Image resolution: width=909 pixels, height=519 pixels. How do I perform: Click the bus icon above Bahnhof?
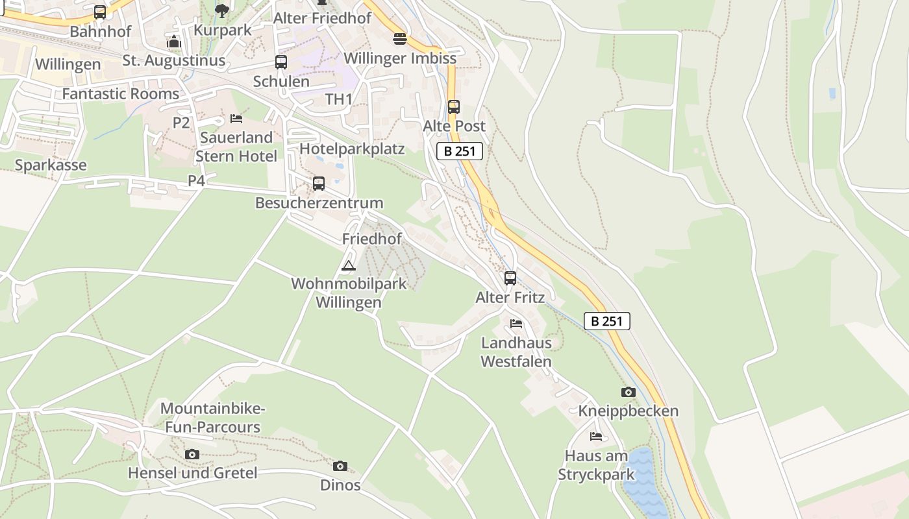point(100,12)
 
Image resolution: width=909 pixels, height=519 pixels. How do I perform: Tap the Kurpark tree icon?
point(222,10)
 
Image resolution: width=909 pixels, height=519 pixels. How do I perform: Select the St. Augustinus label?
point(174,60)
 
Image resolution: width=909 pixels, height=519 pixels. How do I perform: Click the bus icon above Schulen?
point(281,62)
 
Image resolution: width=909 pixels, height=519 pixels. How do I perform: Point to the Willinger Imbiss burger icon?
point(399,38)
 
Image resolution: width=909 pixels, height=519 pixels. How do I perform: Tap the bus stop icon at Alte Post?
point(454,107)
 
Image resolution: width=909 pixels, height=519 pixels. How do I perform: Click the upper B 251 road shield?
point(460,152)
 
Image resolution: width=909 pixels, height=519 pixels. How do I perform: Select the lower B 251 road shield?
point(607,321)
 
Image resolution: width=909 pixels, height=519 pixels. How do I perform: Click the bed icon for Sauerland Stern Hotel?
point(236,119)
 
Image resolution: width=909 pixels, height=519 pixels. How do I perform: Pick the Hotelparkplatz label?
point(352,149)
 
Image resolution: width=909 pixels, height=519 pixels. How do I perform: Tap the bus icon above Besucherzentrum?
point(319,184)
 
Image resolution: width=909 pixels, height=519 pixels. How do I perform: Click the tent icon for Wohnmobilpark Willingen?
point(349,265)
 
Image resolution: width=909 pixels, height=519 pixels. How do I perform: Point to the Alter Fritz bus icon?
point(510,278)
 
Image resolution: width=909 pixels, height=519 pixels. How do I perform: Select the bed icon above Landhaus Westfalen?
point(516,324)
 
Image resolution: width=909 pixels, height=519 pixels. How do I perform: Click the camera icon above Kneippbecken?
point(628,392)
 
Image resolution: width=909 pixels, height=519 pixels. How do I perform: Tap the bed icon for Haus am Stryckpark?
point(596,437)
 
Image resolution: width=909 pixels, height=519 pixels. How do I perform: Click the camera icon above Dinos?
point(340,466)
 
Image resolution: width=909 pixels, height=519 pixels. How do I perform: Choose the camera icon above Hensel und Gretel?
point(192,454)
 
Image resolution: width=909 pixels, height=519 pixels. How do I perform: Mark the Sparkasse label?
point(51,165)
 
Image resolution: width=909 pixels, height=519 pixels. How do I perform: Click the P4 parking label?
point(196,181)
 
